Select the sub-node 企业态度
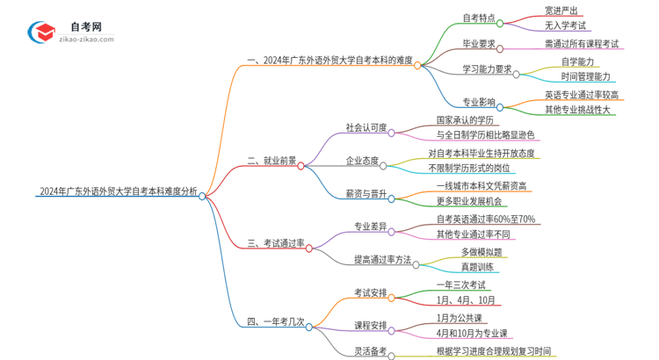click(363, 161)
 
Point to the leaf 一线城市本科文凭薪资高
click(487, 187)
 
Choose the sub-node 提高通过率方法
click(380, 259)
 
